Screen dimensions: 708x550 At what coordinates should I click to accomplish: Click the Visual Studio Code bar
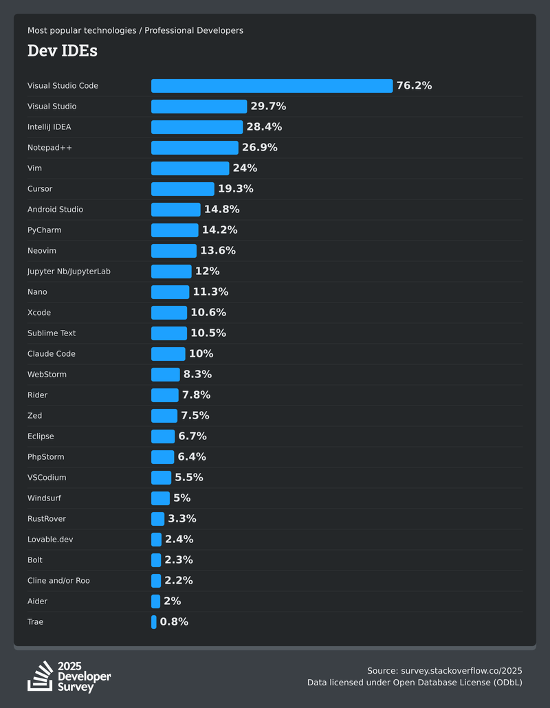tap(272, 86)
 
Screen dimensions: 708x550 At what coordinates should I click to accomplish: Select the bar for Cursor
tap(182, 189)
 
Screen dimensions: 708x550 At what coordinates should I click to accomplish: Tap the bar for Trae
tap(154, 622)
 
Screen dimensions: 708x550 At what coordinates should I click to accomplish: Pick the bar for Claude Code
tap(168, 354)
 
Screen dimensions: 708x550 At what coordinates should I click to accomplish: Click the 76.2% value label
tap(414, 86)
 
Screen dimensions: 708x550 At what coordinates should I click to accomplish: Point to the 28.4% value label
tap(264, 127)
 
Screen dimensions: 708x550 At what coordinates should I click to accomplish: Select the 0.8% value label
tap(174, 622)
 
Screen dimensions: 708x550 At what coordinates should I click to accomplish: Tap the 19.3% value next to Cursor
tap(235, 189)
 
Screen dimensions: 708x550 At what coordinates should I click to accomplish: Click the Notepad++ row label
tap(49, 148)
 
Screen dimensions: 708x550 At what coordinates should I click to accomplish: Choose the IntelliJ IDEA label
tap(49, 127)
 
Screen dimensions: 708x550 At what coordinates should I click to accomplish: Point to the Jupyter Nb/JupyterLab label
tap(69, 272)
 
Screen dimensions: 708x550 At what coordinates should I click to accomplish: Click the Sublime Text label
tap(52, 333)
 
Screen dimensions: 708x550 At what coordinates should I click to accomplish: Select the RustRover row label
tap(47, 519)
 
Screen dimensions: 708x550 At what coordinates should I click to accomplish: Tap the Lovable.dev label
tap(50, 540)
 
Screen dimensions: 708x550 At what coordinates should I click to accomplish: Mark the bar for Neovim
tap(173, 251)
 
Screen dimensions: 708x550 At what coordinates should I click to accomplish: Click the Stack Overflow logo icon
tap(40, 676)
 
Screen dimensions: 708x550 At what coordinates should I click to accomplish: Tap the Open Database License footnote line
tap(415, 683)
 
